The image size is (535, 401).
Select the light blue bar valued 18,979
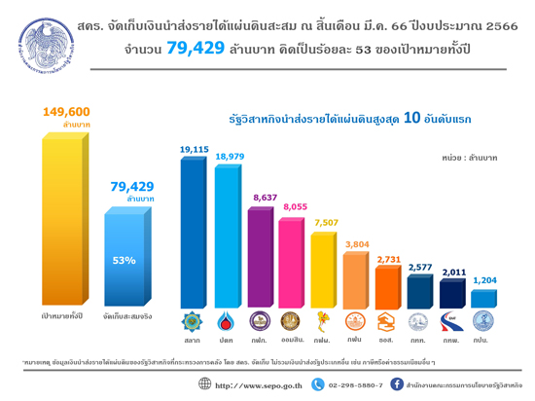pos(227,236)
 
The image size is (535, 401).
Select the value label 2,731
pos(389,260)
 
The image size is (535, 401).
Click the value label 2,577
pos(420,266)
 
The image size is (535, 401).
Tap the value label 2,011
pos(452,272)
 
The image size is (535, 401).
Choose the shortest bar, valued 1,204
pos(483,297)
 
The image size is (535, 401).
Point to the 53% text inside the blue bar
pos(124,260)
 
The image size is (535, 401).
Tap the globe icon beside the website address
pos(204,384)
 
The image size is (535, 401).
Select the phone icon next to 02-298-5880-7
pos(317,384)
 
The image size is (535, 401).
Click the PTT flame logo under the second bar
pos(227,321)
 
